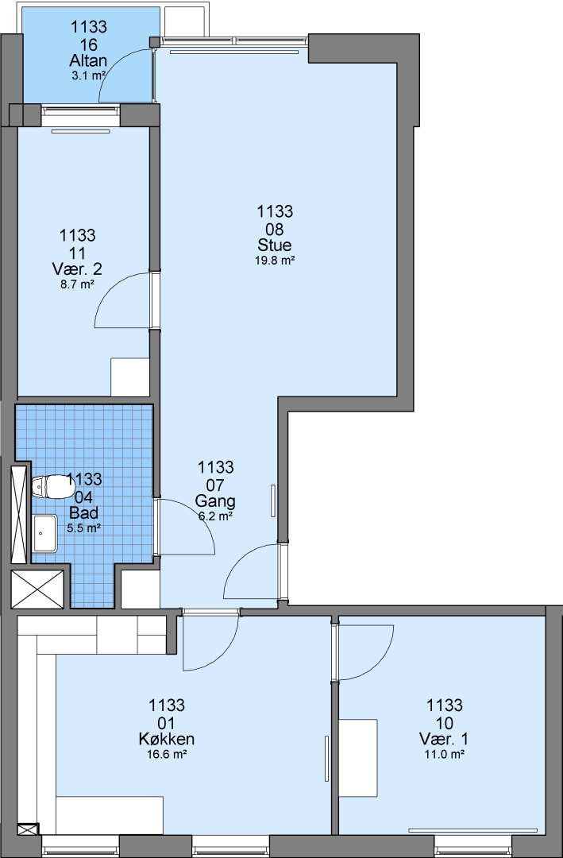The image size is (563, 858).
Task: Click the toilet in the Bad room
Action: coord(48,487)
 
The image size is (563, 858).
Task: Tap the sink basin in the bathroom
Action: coord(44,533)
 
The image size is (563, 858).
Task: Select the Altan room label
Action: coord(88,60)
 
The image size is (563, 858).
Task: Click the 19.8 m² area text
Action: coord(276,261)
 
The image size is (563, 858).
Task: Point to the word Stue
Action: coord(275,245)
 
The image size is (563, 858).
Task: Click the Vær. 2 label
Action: coord(77,269)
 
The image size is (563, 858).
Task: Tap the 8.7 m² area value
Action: coord(77,284)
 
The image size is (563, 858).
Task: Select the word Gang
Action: coord(215,500)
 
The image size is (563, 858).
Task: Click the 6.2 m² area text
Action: coord(215,516)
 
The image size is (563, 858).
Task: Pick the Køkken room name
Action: coord(167,740)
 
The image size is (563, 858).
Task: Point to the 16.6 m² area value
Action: coord(167,755)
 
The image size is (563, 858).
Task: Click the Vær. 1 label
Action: coord(444,740)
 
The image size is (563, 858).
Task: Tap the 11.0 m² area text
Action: coord(444,755)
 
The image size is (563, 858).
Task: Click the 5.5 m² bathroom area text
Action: coord(83,528)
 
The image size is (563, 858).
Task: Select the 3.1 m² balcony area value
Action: coord(88,75)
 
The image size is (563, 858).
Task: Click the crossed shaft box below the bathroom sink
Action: coord(38,589)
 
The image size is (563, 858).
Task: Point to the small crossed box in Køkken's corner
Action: coord(29,829)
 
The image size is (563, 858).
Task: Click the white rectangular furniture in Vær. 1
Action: coord(358,758)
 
